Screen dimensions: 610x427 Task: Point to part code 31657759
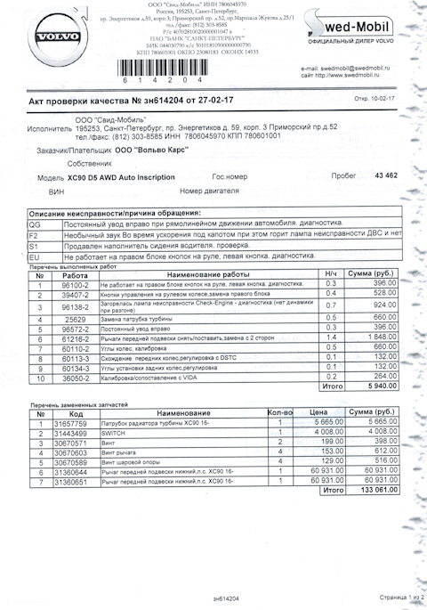(75, 423)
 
